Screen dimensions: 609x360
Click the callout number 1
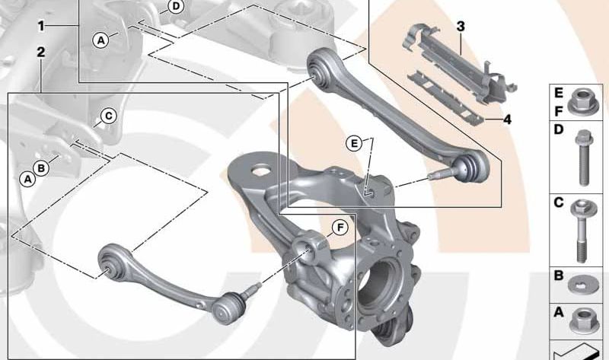click(41, 27)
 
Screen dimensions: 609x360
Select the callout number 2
click(41, 52)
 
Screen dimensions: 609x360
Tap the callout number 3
click(461, 27)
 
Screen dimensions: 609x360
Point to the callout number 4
click(507, 119)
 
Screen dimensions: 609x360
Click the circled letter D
click(176, 7)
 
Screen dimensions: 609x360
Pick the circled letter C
click(108, 116)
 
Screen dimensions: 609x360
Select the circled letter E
click(354, 144)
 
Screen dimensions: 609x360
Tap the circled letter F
click(340, 228)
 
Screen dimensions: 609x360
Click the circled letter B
click(41, 168)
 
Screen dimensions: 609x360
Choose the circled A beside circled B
click(27, 179)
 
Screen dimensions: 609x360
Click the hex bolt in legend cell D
click(582, 158)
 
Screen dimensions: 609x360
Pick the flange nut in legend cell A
click(582, 321)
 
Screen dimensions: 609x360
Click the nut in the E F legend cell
click(581, 103)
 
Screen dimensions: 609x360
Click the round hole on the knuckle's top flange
click(260, 170)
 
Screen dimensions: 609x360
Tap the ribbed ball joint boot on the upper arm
click(467, 168)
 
